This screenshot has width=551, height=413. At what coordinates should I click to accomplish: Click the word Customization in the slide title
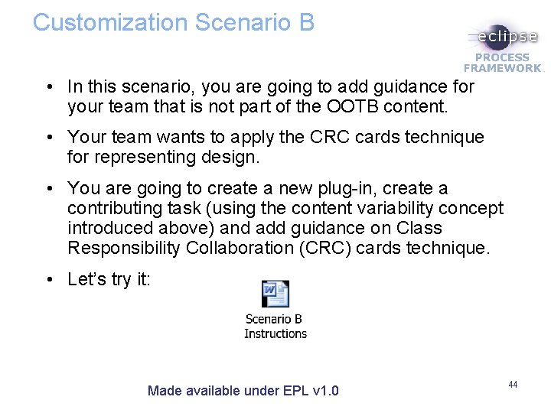click(110, 22)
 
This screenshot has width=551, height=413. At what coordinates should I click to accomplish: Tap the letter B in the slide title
click(306, 22)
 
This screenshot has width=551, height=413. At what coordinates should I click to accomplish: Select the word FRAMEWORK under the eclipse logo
click(503, 68)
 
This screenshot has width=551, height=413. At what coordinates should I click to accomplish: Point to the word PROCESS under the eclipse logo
click(503, 57)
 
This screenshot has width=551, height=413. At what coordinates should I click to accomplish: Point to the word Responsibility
click(122, 248)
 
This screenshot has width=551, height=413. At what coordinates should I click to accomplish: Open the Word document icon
click(275, 294)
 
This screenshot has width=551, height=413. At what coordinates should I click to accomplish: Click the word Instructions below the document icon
click(275, 333)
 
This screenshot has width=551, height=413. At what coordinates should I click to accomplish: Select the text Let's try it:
click(109, 279)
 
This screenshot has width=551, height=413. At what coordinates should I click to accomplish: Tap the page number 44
click(513, 384)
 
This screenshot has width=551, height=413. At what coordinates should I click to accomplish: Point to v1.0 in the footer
click(326, 391)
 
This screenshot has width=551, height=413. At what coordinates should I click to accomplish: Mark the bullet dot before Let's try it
click(48, 280)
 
